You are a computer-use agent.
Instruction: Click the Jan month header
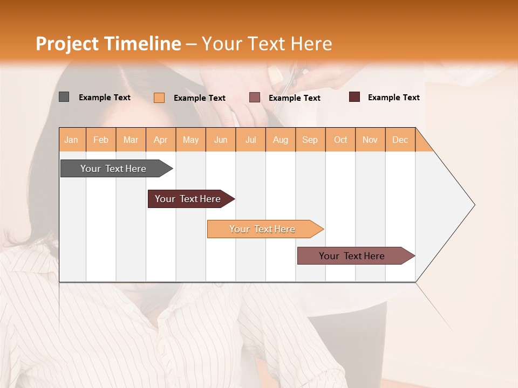[71, 140]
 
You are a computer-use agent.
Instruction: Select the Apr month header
[160, 140]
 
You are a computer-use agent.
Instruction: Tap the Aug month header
[280, 140]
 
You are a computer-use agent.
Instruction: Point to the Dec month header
[400, 140]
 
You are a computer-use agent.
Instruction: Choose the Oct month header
[340, 140]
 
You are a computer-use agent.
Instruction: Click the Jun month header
[220, 140]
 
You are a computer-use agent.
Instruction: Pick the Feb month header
[100, 140]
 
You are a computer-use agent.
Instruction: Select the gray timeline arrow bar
[113, 169]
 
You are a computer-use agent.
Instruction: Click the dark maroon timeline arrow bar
[188, 199]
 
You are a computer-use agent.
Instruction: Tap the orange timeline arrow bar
[262, 229]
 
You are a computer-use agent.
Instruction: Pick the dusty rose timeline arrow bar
[352, 256]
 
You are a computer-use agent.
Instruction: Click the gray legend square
[64, 97]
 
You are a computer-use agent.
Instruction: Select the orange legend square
[159, 98]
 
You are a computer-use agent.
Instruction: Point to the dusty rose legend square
[255, 98]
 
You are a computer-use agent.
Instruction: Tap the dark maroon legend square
[354, 97]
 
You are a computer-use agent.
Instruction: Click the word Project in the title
[67, 44]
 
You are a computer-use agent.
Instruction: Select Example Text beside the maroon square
[393, 98]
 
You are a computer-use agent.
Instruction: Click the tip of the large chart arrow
[474, 205]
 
